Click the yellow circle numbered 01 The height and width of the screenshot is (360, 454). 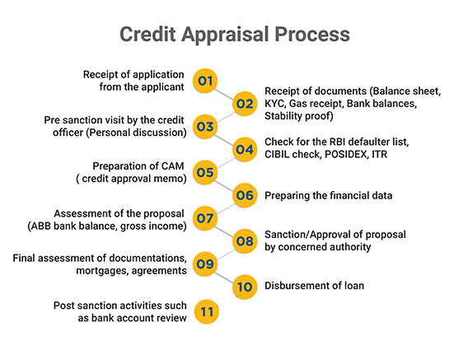pos(205,81)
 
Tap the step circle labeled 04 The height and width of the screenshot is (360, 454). pos(245,149)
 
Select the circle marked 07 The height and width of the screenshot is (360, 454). pos(205,218)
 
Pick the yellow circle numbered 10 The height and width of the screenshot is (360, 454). pos(245,287)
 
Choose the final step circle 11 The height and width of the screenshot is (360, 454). pos(207,311)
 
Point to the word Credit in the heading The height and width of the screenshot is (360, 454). pos(147,34)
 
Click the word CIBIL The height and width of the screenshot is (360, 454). pos(277,154)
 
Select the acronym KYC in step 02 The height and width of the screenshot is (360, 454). pos(274,104)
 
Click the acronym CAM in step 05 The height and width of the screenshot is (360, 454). pos(172,166)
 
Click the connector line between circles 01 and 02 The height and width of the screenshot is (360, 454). pos(225,94)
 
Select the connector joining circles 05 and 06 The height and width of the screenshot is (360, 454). pos(225,185)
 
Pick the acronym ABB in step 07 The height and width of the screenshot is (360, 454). pos(40,226)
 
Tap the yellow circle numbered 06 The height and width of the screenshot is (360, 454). pos(245,195)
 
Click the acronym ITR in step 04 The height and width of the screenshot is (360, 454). pos(379,154)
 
